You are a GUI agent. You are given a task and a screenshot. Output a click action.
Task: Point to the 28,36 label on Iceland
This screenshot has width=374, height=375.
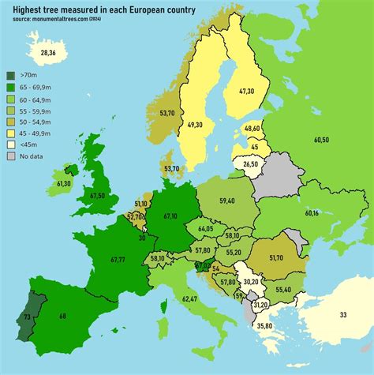pos(37,53)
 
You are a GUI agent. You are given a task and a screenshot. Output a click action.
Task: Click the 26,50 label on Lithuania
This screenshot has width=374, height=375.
pos(250,164)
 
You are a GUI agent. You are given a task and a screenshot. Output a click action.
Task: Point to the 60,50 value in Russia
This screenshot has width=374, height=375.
pos(321,140)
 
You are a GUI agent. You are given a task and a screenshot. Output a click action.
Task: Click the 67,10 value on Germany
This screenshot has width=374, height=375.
pos(170,216)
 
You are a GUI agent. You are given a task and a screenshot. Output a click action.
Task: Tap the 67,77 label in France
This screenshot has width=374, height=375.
pos(118,259)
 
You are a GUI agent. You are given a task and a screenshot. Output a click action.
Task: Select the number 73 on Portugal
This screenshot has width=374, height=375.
pos(27,316)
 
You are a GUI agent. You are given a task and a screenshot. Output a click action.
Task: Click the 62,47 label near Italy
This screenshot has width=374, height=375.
pos(189,299)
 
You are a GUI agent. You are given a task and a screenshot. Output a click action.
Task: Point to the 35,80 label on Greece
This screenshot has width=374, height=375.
pos(264,326)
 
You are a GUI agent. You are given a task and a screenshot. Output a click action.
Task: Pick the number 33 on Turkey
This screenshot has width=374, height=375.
pos(342,315)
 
